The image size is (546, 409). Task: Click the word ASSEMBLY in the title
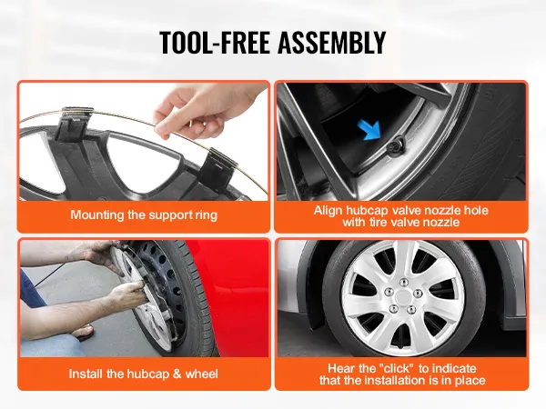(331, 42)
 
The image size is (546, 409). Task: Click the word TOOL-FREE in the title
(215, 42)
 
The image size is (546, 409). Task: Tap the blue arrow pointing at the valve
(371, 129)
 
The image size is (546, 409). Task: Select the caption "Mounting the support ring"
(144, 214)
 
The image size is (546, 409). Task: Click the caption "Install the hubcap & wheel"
(144, 374)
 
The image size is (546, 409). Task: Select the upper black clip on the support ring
(74, 124)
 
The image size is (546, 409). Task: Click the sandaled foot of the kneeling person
(83, 332)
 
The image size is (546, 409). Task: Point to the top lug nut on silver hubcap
(403, 282)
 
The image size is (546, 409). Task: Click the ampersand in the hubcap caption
(177, 374)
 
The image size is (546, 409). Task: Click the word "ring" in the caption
(207, 215)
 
